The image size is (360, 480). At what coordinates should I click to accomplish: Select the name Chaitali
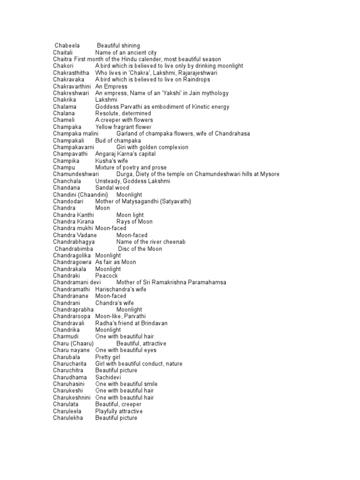tap(66, 52)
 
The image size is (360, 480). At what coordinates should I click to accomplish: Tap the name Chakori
tap(66, 66)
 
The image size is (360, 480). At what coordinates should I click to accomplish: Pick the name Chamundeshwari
tap(76, 174)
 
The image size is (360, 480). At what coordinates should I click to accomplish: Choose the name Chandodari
tap(70, 201)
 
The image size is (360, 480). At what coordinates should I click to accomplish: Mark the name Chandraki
tap(68, 276)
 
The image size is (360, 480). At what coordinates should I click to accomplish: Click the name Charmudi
tap(66, 337)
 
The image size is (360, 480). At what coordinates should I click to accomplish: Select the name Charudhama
tap(70, 377)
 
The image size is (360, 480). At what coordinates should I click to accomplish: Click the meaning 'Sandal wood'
tap(112, 187)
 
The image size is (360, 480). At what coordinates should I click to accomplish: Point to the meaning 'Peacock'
tap(106, 276)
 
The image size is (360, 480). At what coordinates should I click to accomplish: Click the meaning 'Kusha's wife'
tap(111, 161)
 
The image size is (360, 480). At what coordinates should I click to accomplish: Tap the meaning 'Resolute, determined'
tap(123, 113)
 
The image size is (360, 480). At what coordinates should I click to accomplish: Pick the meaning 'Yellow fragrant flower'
tap(123, 127)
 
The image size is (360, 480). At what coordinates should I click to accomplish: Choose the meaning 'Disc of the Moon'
tap(140, 248)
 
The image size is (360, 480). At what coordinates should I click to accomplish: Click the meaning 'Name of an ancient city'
tap(126, 52)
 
